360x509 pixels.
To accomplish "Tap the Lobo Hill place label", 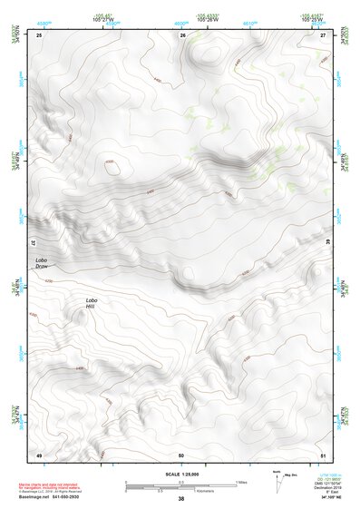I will click(91, 304).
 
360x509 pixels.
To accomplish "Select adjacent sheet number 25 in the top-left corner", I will click(39, 35).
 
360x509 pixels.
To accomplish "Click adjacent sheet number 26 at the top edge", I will click(182, 35).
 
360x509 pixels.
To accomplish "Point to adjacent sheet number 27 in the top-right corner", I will click(323, 35).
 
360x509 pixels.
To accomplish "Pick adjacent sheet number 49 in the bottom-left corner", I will click(39, 454).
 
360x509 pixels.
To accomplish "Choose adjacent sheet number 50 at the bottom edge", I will click(181, 454).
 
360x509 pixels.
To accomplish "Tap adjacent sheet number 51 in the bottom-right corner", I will click(323, 454).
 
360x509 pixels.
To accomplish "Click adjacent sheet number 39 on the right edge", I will click(327, 242).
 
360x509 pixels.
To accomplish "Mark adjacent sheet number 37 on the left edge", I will click(34, 242).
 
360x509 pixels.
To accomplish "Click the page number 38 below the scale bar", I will click(180, 499).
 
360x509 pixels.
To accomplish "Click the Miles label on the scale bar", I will click(241, 482).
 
